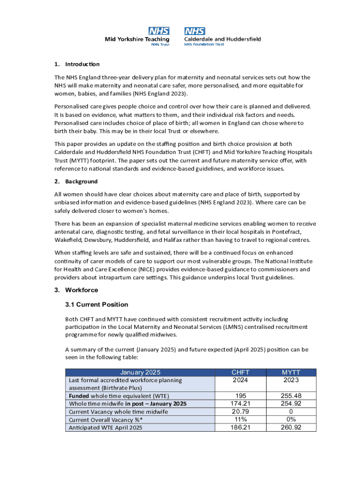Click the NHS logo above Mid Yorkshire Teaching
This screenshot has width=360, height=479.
158,31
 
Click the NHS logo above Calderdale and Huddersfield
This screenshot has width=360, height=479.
194,31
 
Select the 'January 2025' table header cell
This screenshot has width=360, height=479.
140,372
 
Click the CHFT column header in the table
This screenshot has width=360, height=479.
240,372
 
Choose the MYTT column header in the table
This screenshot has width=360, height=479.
291,372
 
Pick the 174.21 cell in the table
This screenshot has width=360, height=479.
240,403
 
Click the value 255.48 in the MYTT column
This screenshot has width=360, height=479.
291,396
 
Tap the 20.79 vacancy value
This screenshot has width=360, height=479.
240,411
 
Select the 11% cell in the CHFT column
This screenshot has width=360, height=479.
240,419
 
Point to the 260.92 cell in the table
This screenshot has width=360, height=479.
291,427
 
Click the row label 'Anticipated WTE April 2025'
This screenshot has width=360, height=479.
105,428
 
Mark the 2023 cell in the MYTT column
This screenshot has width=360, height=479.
291,380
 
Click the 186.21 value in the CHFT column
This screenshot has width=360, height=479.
240,427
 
